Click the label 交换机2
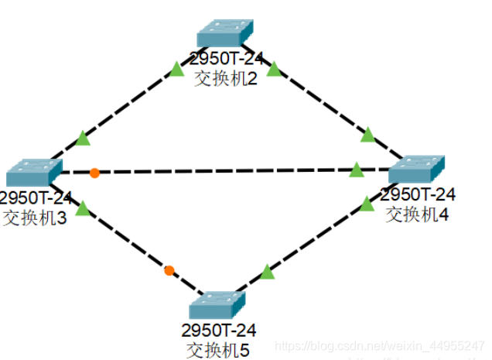click(x=225, y=78)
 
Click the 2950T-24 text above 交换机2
click(x=225, y=60)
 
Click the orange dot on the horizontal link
click(x=94, y=173)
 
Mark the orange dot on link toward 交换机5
click(x=169, y=270)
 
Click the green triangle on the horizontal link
click(x=356, y=170)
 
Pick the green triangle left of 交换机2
click(x=177, y=70)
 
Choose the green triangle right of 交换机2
click(x=273, y=70)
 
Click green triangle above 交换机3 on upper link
click(x=83, y=139)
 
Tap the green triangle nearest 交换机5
click(x=267, y=272)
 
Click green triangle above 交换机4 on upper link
click(x=367, y=136)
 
